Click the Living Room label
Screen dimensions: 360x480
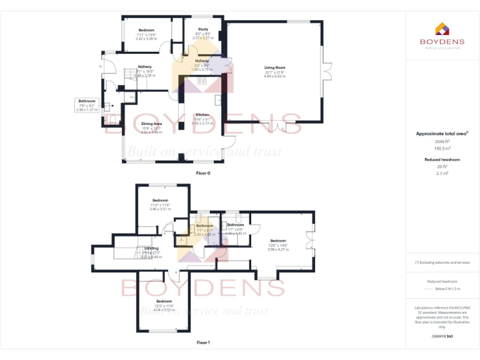click(x=274, y=67)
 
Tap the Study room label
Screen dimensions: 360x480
click(x=202, y=29)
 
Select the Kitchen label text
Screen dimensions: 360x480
click(x=202, y=115)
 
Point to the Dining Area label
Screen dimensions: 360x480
click(x=151, y=124)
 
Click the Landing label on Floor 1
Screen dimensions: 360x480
click(x=151, y=248)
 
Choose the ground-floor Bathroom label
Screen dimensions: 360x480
click(x=87, y=101)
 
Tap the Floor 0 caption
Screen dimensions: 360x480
click(x=202, y=172)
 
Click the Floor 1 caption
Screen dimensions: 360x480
click(x=202, y=342)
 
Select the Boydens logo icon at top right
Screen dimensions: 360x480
click(x=441, y=28)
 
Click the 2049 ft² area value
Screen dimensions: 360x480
click(x=442, y=142)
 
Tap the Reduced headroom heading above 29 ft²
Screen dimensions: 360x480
click(x=442, y=160)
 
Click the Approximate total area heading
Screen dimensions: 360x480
click(x=441, y=133)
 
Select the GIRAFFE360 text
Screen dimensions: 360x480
click(x=441, y=337)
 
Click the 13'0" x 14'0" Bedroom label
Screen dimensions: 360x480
click(x=278, y=241)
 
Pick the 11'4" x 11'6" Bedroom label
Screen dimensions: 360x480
click(x=161, y=201)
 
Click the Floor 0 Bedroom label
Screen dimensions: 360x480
click(x=146, y=31)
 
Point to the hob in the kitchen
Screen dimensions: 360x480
click(x=202, y=81)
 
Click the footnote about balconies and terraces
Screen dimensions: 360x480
click(x=442, y=262)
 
